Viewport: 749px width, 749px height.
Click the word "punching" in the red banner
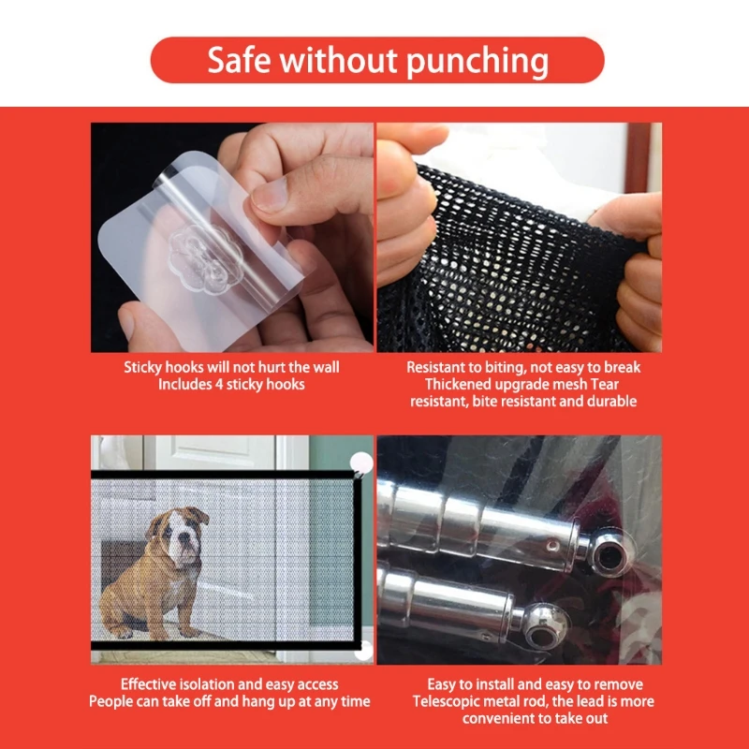477,62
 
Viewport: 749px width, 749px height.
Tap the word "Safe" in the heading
240,60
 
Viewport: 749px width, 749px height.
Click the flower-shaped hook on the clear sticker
206,259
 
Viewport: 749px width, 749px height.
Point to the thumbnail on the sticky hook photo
270,195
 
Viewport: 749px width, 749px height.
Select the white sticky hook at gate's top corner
361,463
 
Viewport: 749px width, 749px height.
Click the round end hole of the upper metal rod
610,556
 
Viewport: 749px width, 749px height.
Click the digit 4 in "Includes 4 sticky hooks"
219,385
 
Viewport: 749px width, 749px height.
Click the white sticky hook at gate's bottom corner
364,650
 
